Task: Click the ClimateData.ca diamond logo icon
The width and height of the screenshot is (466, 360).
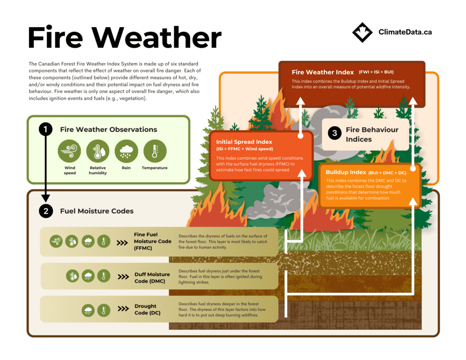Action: tap(362, 32)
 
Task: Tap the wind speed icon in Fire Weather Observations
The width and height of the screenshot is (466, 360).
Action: tap(70, 151)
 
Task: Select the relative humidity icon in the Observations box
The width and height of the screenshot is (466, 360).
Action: tap(98, 151)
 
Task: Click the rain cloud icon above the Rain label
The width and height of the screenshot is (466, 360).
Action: tap(127, 151)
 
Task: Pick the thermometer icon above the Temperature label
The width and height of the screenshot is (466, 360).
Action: tap(155, 151)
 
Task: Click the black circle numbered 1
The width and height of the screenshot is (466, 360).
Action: tap(46, 129)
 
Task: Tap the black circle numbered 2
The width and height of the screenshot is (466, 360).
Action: tap(46, 211)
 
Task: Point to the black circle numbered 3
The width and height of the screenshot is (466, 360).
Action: tap(334, 133)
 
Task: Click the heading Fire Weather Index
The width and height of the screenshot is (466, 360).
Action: tap(323, 72)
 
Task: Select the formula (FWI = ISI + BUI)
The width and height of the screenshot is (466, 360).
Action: tap(376, 72)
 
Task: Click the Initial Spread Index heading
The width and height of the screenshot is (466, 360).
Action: tap(244, 142)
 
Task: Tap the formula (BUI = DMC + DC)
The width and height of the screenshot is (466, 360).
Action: tap(387, 172)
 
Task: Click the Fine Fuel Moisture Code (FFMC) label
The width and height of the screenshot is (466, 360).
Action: tap(152, 241)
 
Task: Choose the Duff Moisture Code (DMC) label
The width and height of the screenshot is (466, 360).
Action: tap(152, 278)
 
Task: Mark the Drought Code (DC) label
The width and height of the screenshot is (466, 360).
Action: tap(147, 309)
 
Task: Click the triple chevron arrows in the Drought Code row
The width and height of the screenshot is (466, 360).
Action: tap(123, 309)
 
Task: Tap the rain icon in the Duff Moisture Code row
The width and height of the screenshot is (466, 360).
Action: tap(88, 276)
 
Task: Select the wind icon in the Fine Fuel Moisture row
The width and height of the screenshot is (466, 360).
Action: tap(56, 241)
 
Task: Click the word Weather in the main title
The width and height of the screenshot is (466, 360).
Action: tap(157, 37)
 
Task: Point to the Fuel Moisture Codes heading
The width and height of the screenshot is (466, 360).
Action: tap(97, 211)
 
